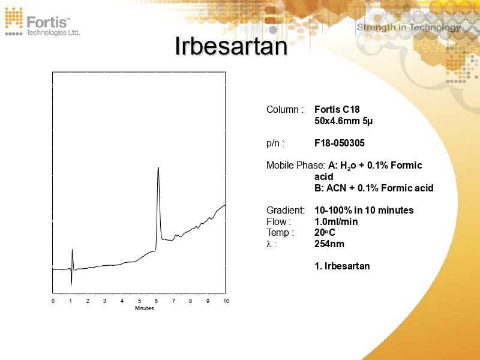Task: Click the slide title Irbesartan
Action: [x=231, y=46]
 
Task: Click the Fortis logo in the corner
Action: [x=42, y=22]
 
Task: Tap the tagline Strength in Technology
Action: [x=409, y=27]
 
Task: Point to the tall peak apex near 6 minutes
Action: [x=158, y=168]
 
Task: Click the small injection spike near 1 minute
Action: [x=72, y=250]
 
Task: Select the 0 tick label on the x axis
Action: [x=53, y=301]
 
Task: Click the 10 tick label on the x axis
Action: [x=226, y=301]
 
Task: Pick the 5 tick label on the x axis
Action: [x=139, y=301]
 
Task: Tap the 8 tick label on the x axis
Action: [x=191, y=301]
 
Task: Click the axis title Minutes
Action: [x=144, y=308]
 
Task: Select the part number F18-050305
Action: [x=339, y=143]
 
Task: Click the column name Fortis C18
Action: [x=337, y=110]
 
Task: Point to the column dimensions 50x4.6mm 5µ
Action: [x=343, y=121]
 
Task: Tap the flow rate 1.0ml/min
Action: [x=336, y=221]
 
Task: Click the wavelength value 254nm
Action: [x=329, y=244]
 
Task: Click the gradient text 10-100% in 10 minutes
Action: [x=364, y=211]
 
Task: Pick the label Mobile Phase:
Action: [x=295, y=166]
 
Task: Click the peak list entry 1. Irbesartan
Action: [x=342, y=266]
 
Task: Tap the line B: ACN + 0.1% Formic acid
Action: [x=373, y=188]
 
